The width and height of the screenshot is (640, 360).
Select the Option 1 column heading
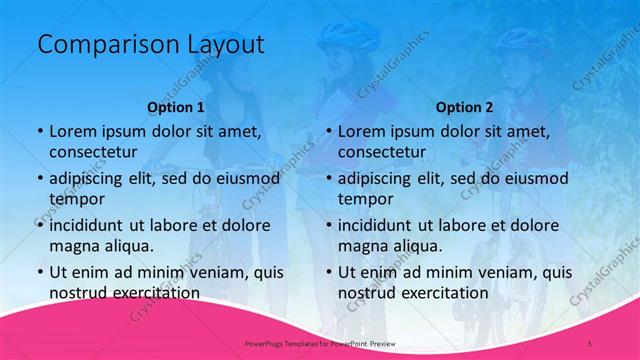coord(176,106)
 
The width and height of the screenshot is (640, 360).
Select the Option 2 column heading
coord(465,106)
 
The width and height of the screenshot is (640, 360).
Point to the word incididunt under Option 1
coord(93,225)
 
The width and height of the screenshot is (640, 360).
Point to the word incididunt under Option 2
coord(382,225)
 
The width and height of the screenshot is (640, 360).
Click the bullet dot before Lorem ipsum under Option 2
coord(328,131)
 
